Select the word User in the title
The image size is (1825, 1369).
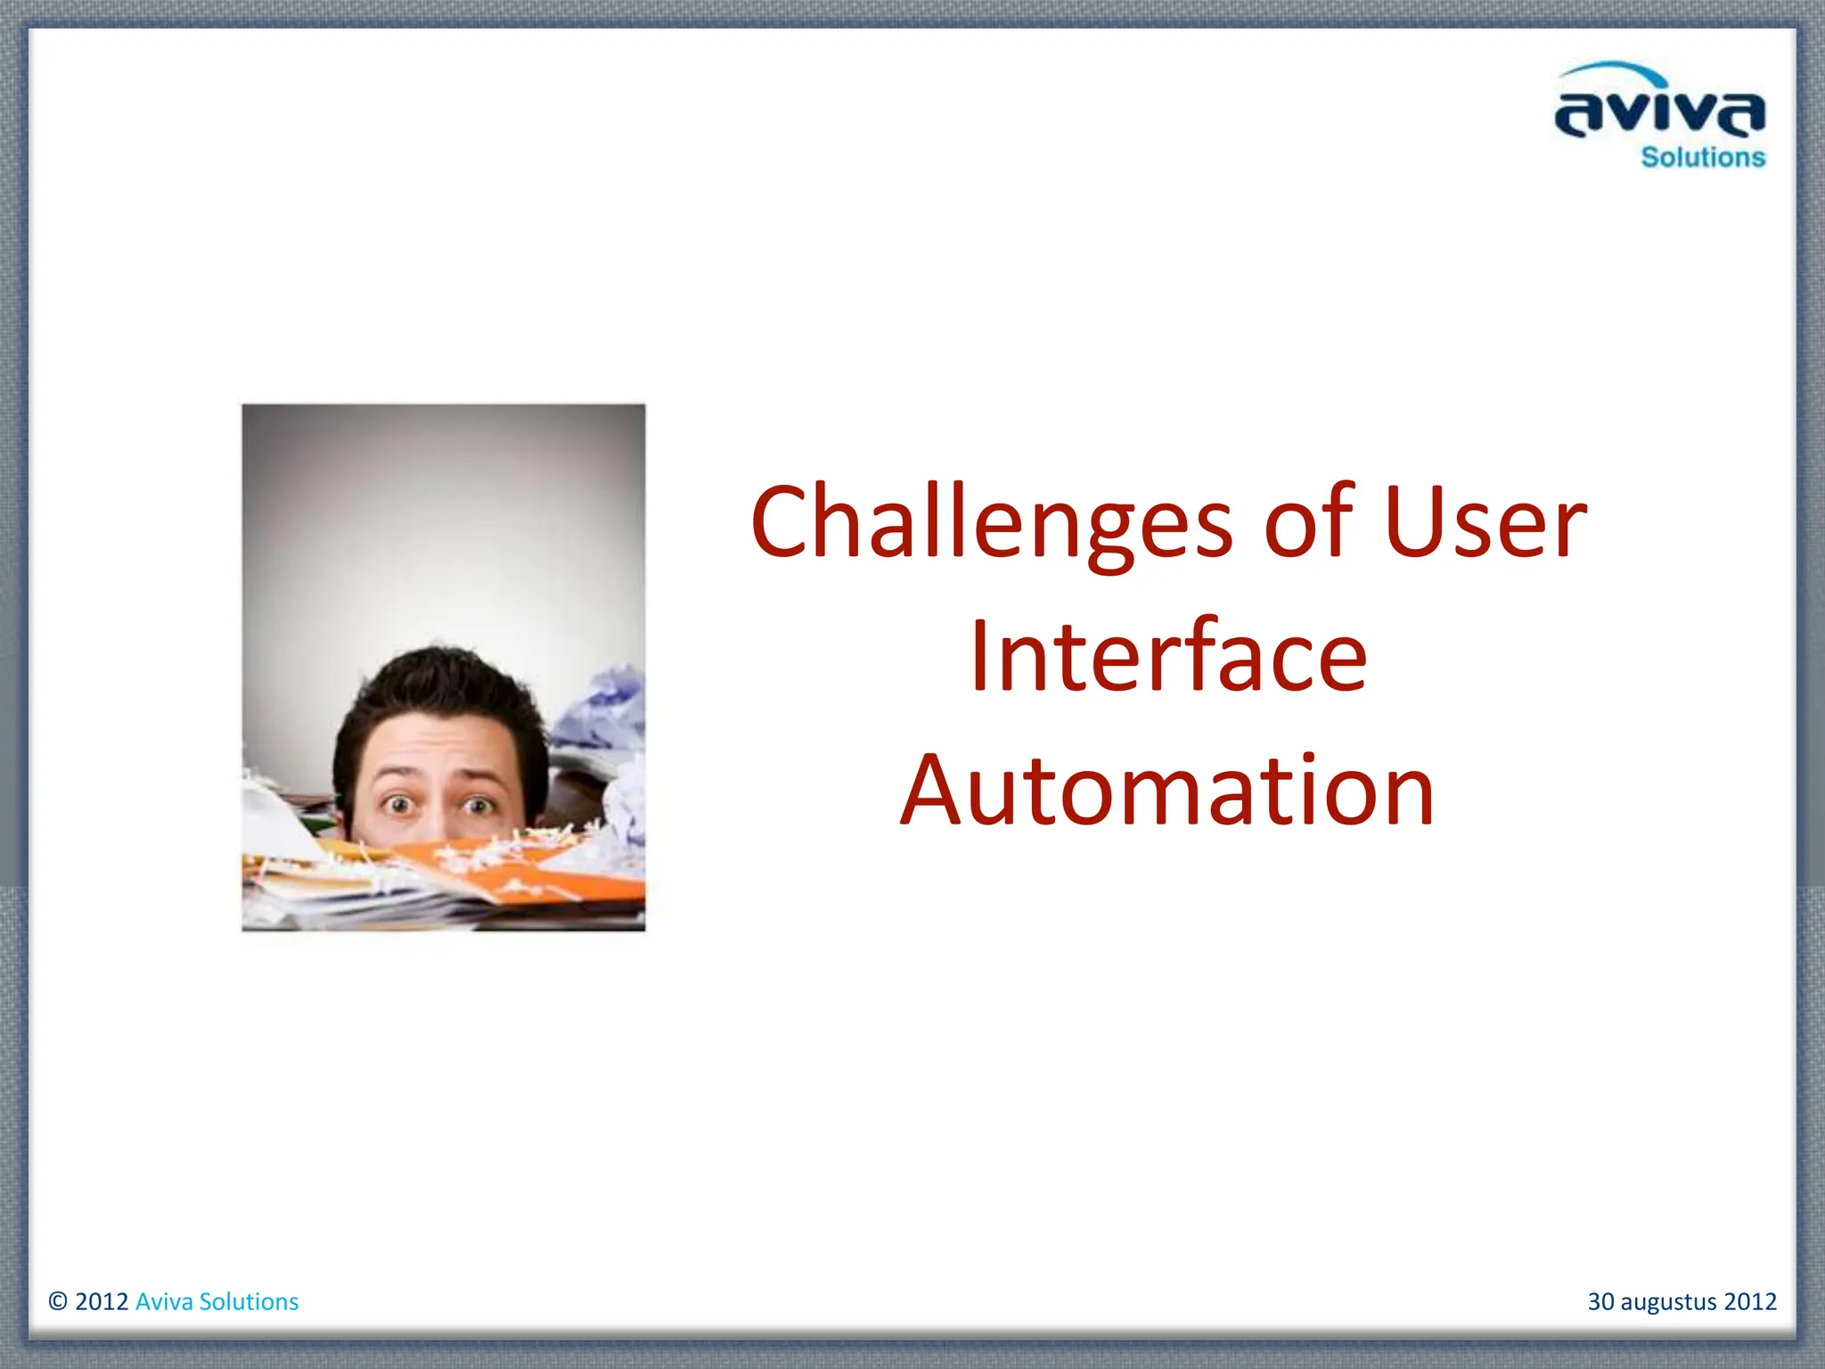click(x=1485, y=523)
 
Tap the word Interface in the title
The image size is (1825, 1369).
click(x=1167, y=657)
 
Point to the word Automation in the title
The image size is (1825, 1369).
click(x=1167, y=791)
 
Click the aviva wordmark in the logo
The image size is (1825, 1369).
click(x=1659, y=114)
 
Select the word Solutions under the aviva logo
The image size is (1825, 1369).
click(x=1702, y=158)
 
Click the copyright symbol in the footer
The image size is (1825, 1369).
click(x=58, y=1301)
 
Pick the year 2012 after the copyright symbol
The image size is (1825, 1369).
click(x=102, y=1301)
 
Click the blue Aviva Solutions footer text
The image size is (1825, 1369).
click(x=217, y=1301)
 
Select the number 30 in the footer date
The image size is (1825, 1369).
click(x=1600, y=1301)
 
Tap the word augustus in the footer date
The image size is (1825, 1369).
click(x=1667, y=1301)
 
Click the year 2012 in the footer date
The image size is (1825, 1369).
click(x=1750, y=1301)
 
